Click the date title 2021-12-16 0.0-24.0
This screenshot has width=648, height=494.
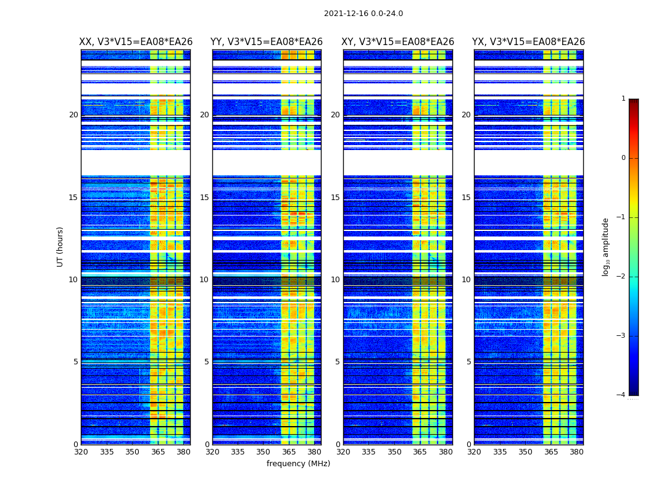363,14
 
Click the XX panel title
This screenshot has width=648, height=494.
136,42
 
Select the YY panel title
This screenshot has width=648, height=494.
267,42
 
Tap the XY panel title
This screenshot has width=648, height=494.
398,42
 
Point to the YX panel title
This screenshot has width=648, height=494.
528,42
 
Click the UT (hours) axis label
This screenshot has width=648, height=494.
60,246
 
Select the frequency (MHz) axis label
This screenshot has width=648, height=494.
298,464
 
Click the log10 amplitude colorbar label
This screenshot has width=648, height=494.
606,246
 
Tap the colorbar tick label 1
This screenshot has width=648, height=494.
623,99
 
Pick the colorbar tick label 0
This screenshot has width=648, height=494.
623,158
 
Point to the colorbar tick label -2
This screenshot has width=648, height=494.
621,277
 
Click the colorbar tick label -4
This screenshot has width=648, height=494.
621,395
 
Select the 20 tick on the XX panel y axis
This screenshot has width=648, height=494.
73,115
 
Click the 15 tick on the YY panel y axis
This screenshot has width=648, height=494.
204,198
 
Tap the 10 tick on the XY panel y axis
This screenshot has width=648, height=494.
335,280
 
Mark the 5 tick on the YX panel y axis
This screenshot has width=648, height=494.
468,362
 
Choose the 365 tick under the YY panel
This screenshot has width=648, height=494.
289,452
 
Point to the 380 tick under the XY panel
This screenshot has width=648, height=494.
446,452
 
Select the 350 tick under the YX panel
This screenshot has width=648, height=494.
525,452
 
